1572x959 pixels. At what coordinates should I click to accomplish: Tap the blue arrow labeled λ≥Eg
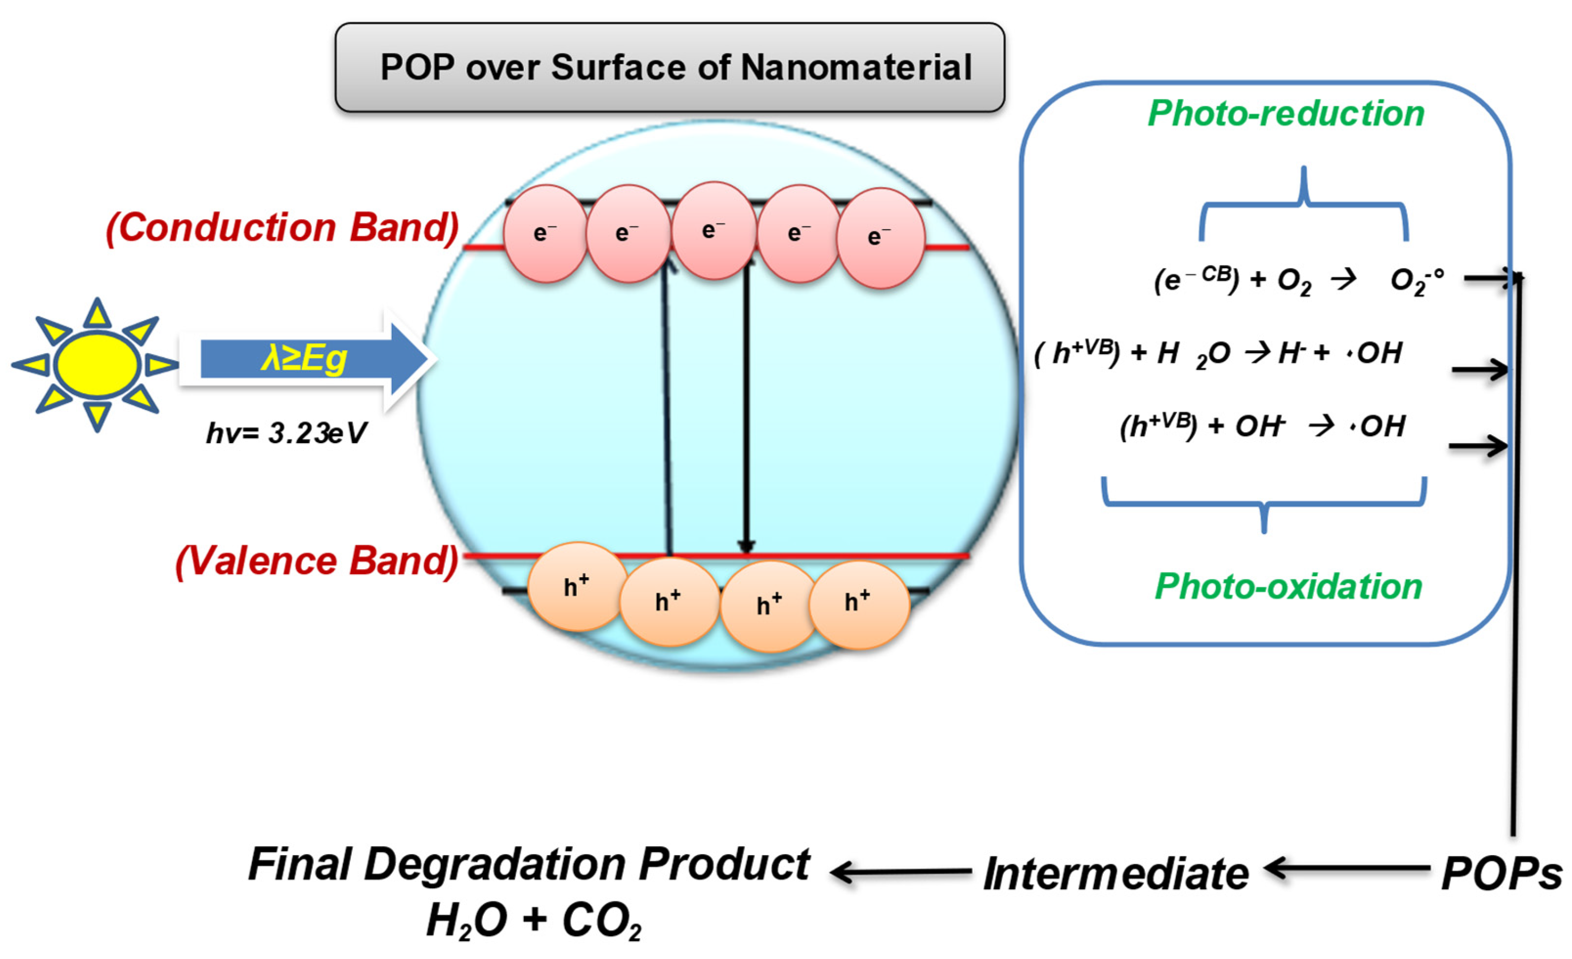click(x=306, y=359)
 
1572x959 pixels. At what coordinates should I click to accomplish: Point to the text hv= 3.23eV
click(x=286, y=434)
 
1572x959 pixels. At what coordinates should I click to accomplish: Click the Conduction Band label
click(x=282, y=228)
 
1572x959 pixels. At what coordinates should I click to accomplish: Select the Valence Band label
click(x=316, y=561)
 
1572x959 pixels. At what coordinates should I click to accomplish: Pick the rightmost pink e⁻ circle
click(x=880, y=238)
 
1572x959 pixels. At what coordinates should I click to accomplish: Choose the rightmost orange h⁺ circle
click(x=858, y=603)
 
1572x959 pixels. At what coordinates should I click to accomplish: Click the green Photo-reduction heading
click(x=1286, y=113)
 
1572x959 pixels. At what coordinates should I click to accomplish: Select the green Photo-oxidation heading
click(x=1288, y=586)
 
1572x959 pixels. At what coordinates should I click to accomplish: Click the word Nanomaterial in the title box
click(x=855, y=68)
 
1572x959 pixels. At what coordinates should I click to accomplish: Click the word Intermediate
click(x=1116, y=874)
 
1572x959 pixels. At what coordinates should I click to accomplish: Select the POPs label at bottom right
click(x=1501, y=874)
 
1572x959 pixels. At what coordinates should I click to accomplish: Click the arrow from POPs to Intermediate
click(x=1346, y=869)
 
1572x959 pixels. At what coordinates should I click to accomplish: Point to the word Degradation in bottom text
click(x=496, y=865)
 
